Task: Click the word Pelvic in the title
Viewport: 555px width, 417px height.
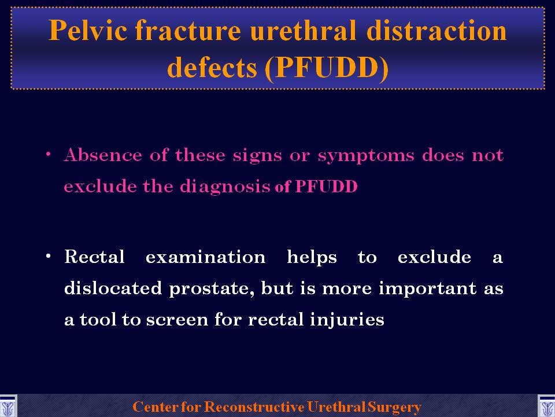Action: pos(87,30)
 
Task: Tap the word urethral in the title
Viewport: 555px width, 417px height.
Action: pos(303,30)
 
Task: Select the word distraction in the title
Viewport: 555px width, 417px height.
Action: pos(436,30)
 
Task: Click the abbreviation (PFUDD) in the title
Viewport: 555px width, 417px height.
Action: pos(326,68)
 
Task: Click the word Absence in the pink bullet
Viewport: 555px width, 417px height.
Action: pos(103,155)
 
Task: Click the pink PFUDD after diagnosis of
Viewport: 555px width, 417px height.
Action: pos(326,186)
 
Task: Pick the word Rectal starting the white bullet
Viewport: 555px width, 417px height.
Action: pos(94,257)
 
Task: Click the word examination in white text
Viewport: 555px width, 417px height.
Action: pos(206,257)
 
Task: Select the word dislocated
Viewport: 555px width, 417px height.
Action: pos(113,288)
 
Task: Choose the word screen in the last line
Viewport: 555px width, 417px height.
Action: pos(177,320)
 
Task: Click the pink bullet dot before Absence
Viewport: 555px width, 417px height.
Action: pos(48,154)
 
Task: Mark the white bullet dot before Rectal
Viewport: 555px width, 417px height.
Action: pos(48,256)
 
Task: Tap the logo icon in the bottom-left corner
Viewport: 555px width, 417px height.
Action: pos(8,406)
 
